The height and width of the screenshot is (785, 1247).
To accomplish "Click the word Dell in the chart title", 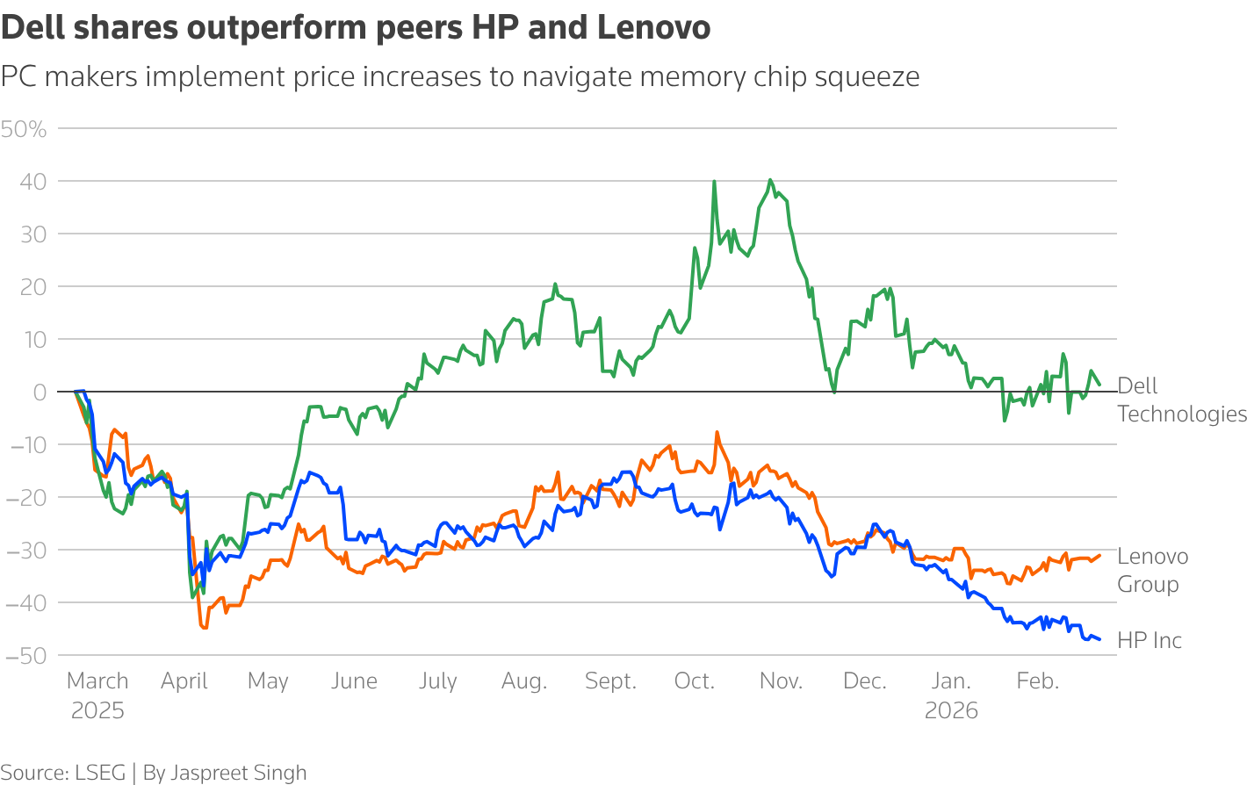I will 32,28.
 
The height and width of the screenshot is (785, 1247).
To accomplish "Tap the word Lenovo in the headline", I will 653,28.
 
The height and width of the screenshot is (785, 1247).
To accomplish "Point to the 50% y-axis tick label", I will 24,129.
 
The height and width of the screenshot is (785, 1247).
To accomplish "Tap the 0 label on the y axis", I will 39,392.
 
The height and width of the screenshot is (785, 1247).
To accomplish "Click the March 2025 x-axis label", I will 97,695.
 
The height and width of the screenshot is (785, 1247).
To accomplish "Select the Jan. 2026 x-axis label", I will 951,695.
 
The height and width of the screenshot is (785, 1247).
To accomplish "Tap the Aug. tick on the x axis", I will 524,681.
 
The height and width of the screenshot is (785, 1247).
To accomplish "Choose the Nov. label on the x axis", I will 781,681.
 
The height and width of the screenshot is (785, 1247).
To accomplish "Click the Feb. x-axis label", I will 1037,681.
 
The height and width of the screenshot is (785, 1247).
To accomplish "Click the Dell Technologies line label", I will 1181,400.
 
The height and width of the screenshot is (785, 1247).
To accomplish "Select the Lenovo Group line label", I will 1152,570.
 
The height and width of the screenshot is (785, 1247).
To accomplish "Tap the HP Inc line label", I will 1150,640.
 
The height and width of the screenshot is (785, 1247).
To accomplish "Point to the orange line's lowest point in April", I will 205,628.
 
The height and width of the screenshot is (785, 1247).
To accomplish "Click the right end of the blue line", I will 1099,639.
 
